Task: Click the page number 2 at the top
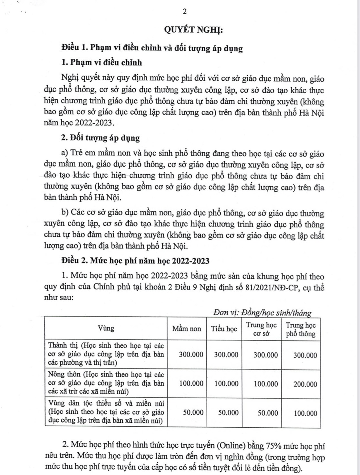click(185, 12)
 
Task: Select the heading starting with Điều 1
click(152, 48)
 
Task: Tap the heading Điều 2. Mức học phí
click(136, 260)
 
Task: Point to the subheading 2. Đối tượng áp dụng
click(100, 138)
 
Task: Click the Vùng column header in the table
click(106, 328)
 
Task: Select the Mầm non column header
click(187, 329)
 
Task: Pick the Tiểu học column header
click(224, 329)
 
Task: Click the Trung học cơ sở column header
click(261, 329)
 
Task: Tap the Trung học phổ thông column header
click(301, 329)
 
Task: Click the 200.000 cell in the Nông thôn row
click(305, 384)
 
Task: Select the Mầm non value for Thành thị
click(191, 355)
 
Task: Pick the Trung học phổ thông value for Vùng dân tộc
click(305, 413)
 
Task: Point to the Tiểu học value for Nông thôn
click(226, 384)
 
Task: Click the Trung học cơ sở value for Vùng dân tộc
click(268, 413)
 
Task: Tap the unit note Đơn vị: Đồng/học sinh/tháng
click(262, 312)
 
